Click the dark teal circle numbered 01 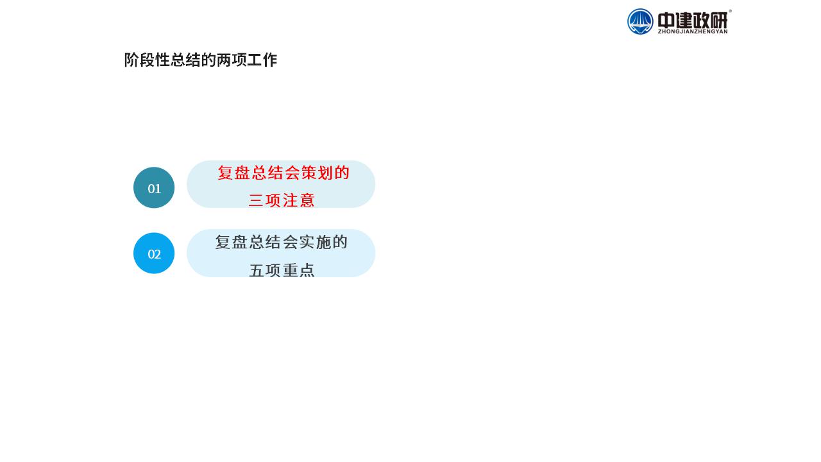(154, 188)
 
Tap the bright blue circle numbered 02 (154, 253)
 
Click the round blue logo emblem (640, 22)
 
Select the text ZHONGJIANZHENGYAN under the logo (693, 31)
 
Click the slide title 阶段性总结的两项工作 (201, 60)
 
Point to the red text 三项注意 (282, 200)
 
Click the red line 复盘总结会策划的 (284, 173)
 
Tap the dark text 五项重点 (282, 270)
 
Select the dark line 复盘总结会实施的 (281, 242)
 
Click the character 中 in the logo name (666, 20)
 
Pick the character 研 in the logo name (719, 20)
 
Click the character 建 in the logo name (684, 20)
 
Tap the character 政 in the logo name (702, 20)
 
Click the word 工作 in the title (262, 60)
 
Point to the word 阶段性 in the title (147, 60)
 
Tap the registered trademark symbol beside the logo (730, 12)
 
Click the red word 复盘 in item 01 (233, 173)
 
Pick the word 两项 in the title (232, 60)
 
